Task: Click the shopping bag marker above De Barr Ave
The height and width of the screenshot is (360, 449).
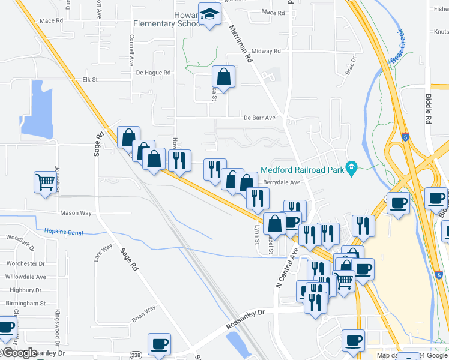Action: click(223, 77)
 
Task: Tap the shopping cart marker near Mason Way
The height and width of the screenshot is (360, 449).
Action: click(46, 182)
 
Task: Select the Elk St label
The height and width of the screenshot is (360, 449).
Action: click(90, 79)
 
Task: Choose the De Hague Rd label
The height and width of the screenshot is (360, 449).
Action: click(154, 73)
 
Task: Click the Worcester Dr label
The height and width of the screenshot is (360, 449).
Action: click(25, 263)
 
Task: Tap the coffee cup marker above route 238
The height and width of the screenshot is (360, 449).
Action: click(159, 344)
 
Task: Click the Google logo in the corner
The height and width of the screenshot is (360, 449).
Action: click(19, 353)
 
